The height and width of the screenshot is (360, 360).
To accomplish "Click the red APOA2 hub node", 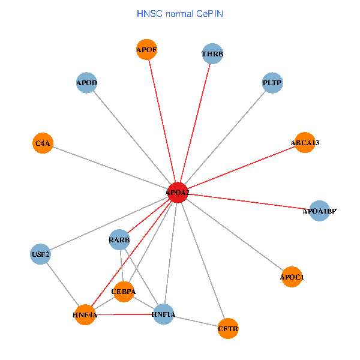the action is coord(178,192).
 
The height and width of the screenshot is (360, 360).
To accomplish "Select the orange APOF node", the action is coord(147,50).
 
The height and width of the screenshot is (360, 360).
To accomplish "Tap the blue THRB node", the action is coord(212,54).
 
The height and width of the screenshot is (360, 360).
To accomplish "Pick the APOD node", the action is coord(87,82).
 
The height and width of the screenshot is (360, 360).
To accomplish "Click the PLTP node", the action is coord(272,82).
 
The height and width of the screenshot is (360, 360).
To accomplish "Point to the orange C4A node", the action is coord(43,143).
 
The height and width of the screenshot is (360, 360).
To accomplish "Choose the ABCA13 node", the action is coord(305,142).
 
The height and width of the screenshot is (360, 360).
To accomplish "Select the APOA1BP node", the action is coord(319,211).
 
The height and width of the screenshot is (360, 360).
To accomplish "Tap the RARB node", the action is coord(119,240).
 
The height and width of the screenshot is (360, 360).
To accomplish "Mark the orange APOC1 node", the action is coord(292,277).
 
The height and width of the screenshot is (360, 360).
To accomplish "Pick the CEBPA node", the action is coord(124,292).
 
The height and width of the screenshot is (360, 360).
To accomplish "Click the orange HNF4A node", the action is coord(85,314).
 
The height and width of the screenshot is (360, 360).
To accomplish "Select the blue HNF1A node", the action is coord(163,314).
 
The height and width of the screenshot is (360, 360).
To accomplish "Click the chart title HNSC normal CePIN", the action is coord(180,13).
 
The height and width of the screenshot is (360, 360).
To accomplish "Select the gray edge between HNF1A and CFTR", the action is coord(196,320).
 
